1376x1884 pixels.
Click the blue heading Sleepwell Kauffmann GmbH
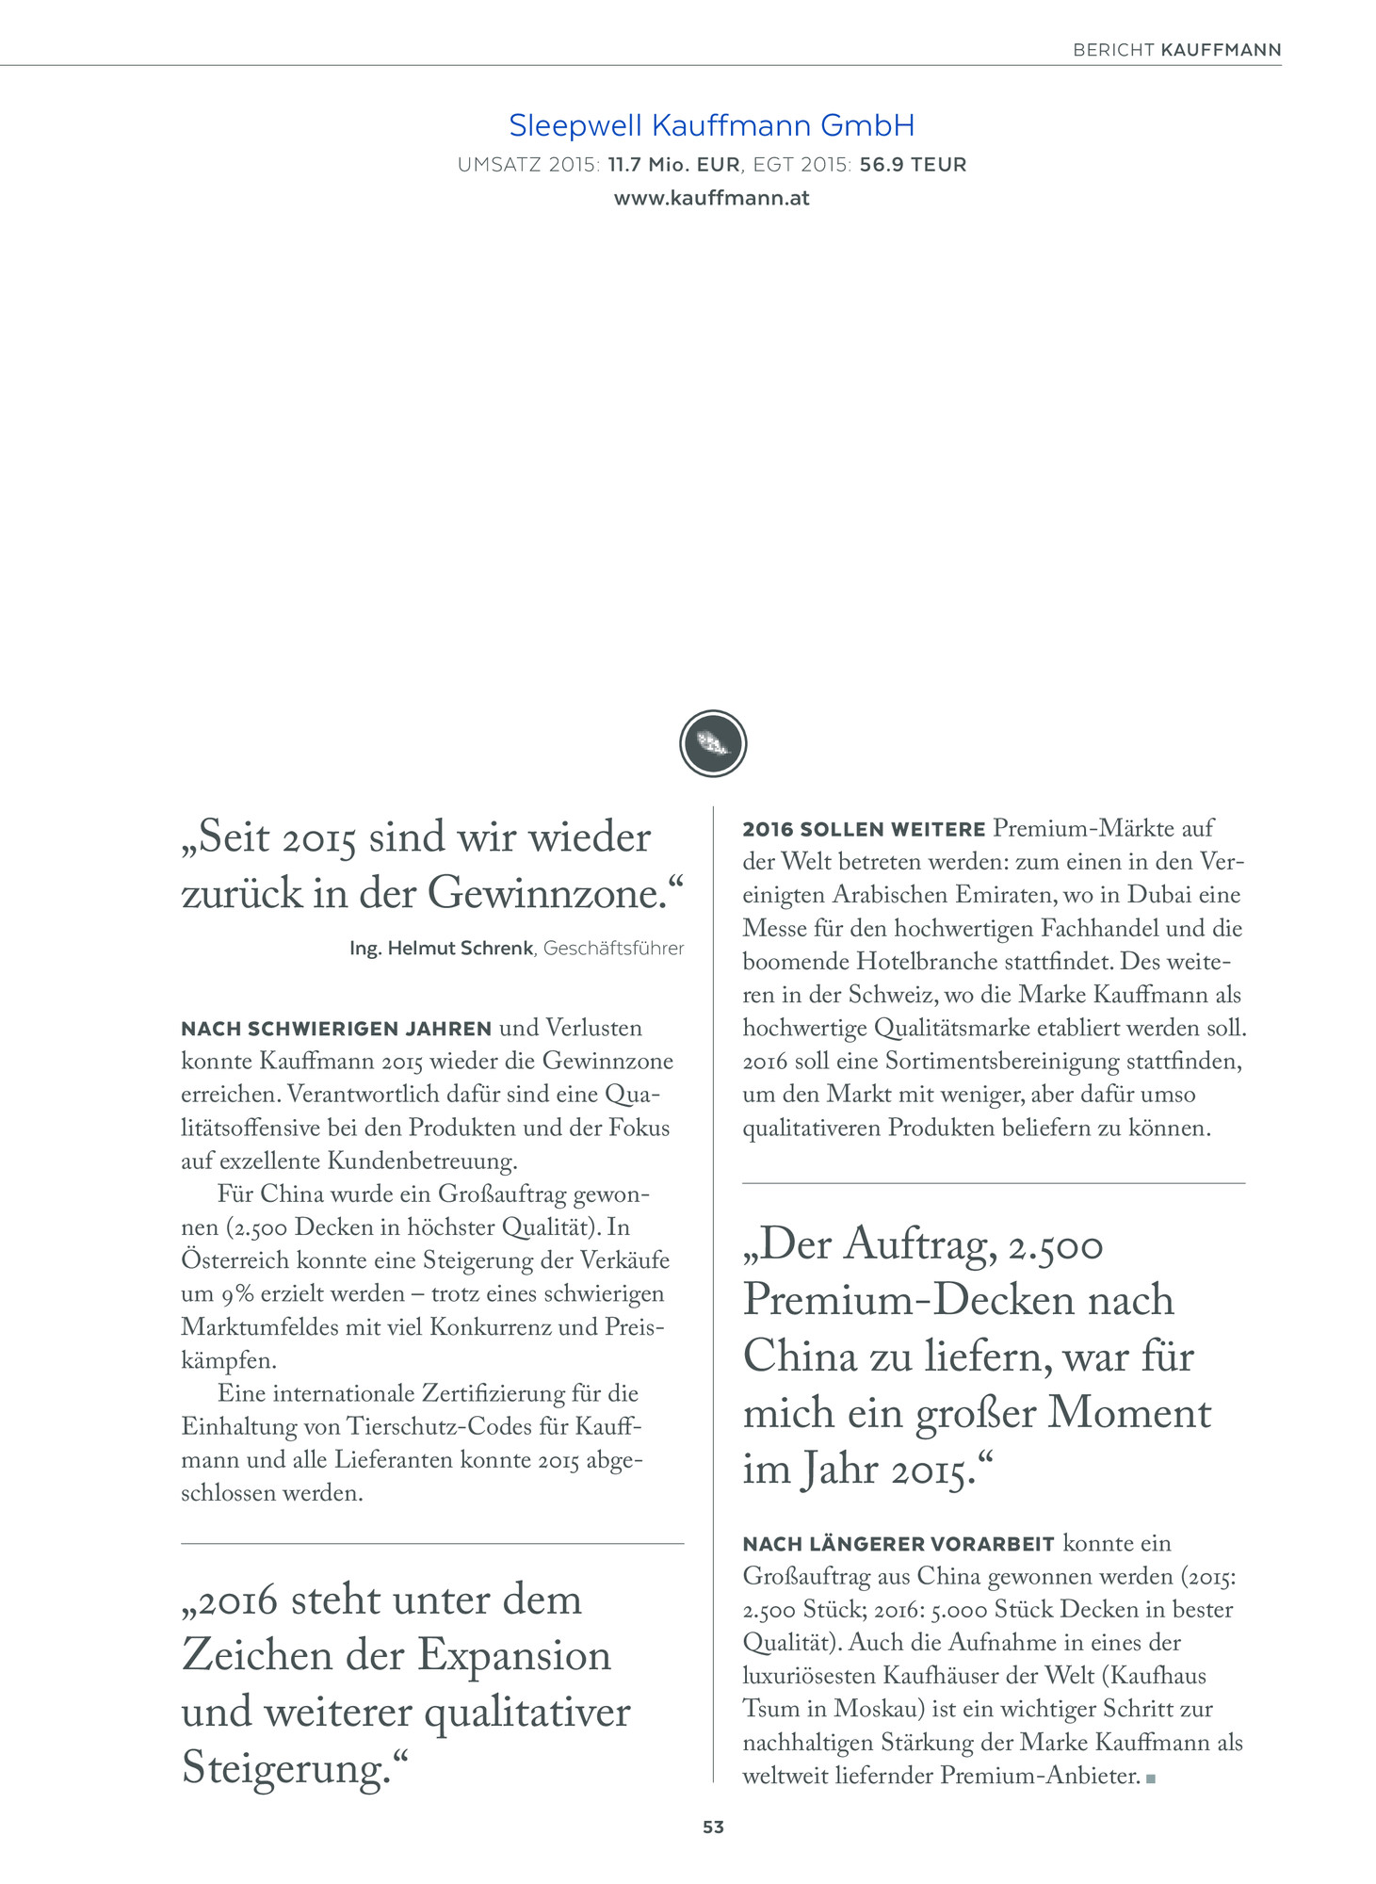[x=711, y=125]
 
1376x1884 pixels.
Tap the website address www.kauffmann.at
[x=711, y=199]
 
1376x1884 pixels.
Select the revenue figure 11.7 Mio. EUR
[x=673, y=165]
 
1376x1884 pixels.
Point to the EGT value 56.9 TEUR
[x=913, y=165]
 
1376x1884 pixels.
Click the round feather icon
[x=713, y=743]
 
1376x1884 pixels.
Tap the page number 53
[x=713, y=1827]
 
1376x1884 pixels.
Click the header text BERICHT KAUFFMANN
[x=1176, y=50]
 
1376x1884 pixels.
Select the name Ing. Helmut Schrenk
[x=441, y=949]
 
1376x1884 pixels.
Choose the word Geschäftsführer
[x=613, y=949]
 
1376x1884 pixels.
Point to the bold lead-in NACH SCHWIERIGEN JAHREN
[x=336, y=1029]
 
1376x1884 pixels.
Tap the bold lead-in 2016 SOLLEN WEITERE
[x=864, y=830]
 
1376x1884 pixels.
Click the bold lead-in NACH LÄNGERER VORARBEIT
[x=898, y=1544]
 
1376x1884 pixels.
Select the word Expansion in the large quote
[x=514, y=1656]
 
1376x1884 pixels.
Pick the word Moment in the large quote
[x=1129, y=1413]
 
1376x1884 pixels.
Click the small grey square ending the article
[x=1151, y=1778]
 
